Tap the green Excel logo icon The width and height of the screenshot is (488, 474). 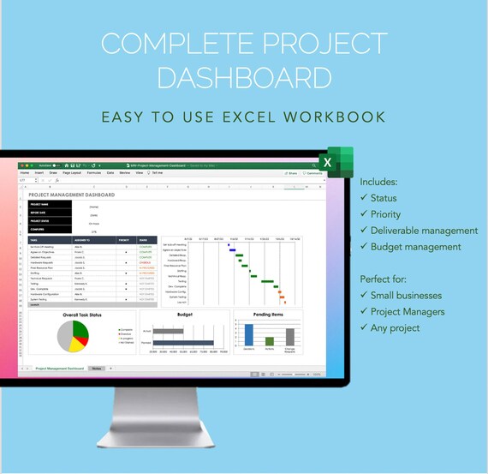point(336,162)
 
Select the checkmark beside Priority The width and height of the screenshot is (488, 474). point(365,214)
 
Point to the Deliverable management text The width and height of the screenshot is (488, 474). point(425,231)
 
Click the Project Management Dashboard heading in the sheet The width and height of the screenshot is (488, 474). point(72,195)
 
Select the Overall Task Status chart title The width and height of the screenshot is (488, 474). point(82,315)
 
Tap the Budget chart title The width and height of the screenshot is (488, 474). point(185,315)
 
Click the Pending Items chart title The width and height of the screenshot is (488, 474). point(268,315)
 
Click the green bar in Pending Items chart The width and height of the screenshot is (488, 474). point(270,339)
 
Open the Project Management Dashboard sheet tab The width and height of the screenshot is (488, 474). point(60,368)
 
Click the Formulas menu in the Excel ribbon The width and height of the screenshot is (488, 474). point(94,172)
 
